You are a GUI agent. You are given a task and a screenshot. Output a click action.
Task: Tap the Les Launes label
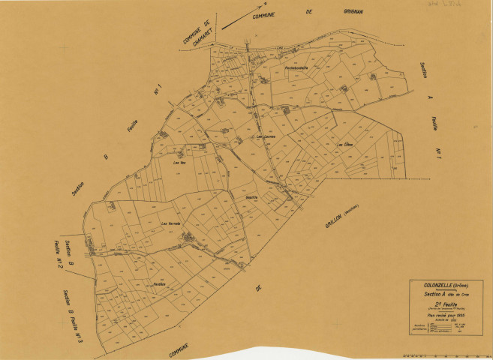266,136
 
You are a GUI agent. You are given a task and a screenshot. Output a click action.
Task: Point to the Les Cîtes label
344,144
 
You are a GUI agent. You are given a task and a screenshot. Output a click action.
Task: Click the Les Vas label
179,163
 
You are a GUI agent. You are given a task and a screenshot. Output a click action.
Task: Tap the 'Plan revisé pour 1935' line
446,316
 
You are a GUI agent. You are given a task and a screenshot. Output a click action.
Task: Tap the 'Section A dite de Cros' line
446,294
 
